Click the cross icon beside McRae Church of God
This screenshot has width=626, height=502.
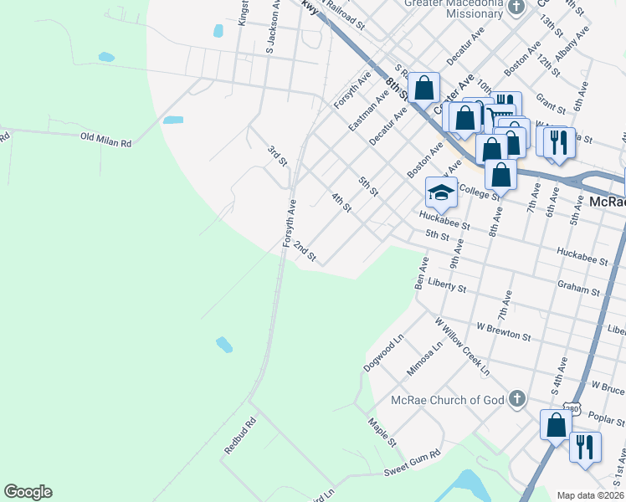(x=517, y=399)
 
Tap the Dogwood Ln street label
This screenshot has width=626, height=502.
(x=384, y=355)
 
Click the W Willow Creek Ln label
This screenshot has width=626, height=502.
(x=461, y=345)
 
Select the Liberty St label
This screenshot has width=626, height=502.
(x=446, y=286)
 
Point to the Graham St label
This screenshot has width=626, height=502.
(x=577, y=289)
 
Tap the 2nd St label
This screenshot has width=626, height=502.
(x=304, y=253)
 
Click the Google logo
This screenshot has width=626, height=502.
(x=28, y=492)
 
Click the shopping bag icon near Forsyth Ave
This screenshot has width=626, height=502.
(x=424, y=87)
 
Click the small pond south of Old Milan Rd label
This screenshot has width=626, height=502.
(x=223, y=344)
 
